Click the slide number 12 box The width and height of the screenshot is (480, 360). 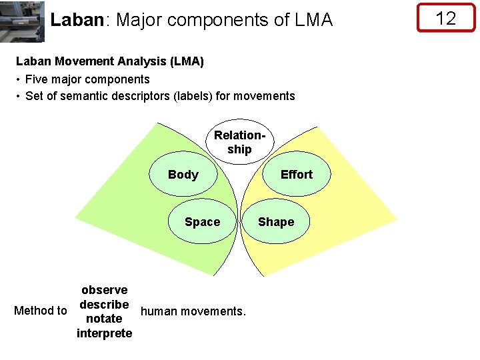[x=445, y=18]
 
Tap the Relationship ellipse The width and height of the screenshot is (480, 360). [x=239, y=142]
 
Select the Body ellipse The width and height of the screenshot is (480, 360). [x=183, y=175]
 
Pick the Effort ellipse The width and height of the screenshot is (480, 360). [x=296, y=175]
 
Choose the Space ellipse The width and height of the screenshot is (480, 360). [x=202, y=222]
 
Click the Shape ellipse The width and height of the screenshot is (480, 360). [x=276, y=222]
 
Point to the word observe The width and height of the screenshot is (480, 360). [x=105, y=290]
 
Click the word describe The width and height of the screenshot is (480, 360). [x=104, y=305]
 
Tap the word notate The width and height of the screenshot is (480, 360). [x=105, y=319]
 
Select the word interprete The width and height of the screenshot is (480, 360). [x=105, y=333]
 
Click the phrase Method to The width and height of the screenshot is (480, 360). [x=41, y=311]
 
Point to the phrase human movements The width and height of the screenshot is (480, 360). [x=193, y=311]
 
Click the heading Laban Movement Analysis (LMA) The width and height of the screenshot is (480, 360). [x=110, y=61]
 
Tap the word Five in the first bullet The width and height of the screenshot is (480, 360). [x=36, y=79]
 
